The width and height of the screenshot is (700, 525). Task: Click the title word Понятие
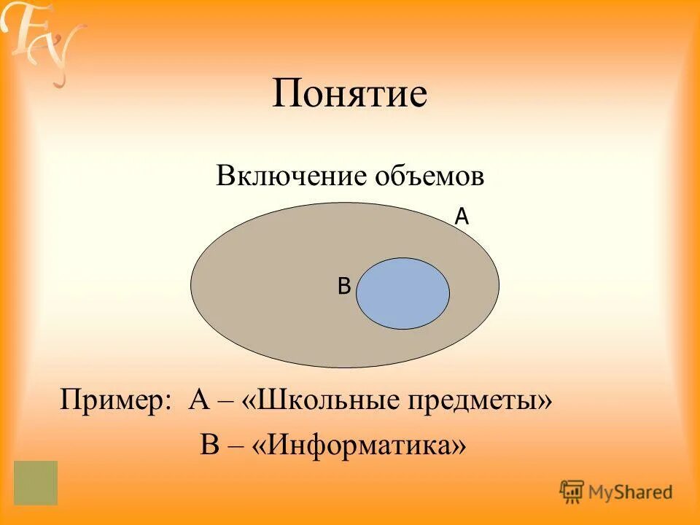click(349, 96)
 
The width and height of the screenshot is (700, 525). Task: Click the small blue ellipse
click(403, 293)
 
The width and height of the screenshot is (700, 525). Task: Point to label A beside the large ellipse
click(461, 216)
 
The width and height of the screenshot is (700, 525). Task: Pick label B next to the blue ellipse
click(344, 287)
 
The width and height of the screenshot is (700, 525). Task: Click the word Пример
click(113, 401)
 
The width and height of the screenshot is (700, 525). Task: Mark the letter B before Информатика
click(209, 444)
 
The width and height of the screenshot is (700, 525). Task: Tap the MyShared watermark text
click(631, 492)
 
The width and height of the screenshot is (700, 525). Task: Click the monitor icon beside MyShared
click(572, 491)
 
